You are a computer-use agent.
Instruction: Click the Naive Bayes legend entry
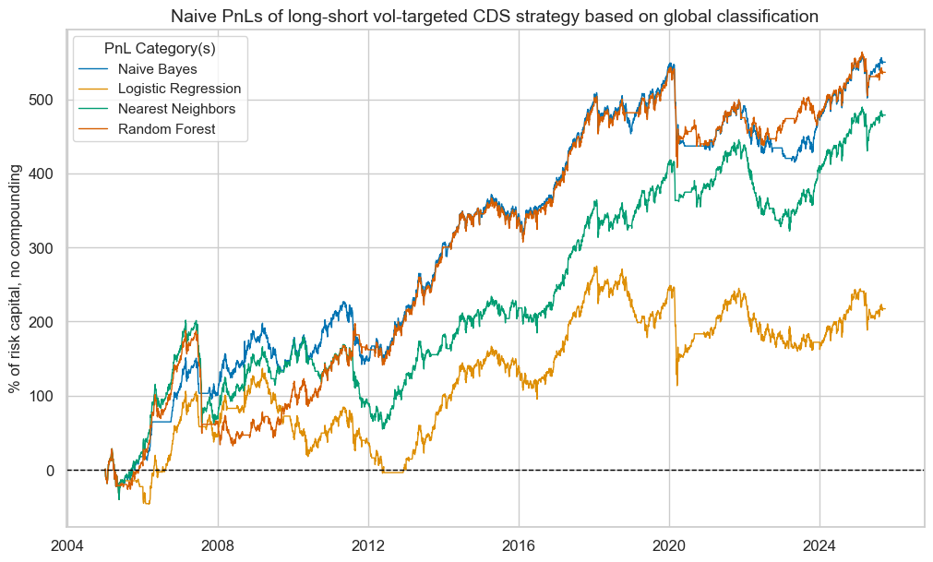(x=157, y=68)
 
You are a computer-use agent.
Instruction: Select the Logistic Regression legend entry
(x=179, y=89)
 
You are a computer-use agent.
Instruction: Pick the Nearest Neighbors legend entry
(x=176, y=109)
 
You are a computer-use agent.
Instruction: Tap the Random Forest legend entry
(x=166, y=129)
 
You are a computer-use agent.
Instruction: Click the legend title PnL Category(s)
(x=161, y=45)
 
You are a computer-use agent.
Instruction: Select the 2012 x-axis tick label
(x=368, y=544)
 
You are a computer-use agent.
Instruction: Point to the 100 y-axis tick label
(x=43, y=397)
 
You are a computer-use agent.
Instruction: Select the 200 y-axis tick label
(x=43, y=322)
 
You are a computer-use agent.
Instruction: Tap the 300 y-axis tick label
(x=43, y=248)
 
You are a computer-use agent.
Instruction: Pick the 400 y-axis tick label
(x=43, y=173)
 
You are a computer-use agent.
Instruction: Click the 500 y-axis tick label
(x=43, y=100)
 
